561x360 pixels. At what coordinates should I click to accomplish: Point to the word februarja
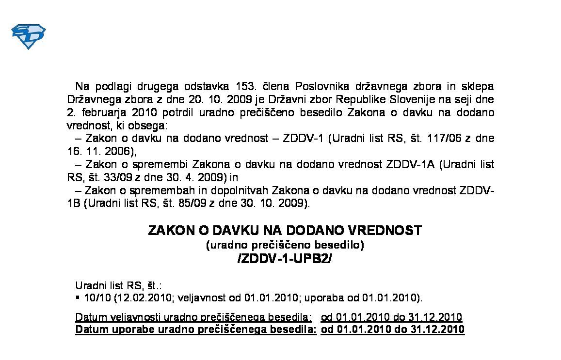[100, 113]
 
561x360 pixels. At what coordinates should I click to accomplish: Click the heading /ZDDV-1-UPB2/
[285, 259]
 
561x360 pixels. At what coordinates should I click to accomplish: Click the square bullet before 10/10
[78, 297]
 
